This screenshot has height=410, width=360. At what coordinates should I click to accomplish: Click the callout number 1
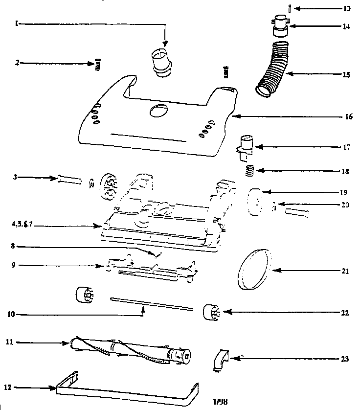tap(16, 23)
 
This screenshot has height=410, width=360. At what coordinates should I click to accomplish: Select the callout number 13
tap(347, 8)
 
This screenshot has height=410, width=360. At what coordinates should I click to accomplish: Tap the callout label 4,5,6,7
tap(18, 226)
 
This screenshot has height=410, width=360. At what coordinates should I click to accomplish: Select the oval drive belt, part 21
tap(253, 268)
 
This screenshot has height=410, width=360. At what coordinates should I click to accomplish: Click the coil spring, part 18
tap(249, 171)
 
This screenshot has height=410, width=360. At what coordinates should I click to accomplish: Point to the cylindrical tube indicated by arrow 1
tap(161, 62)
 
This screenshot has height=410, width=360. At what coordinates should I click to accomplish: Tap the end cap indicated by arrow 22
tap(212, 312)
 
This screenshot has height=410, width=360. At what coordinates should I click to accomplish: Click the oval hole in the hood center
tap(157, 111)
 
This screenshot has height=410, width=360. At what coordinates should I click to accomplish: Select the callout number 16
tap(346, 117)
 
